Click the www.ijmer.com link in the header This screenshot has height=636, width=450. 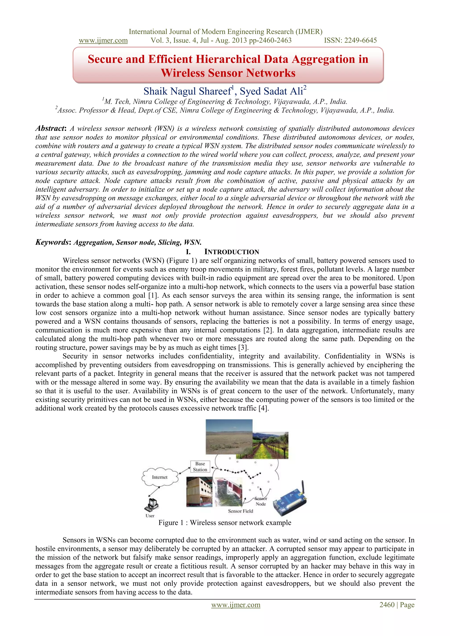tap(103, 40)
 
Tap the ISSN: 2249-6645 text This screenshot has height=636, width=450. tap(350, 40)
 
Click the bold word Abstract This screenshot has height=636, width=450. tap(50, 128)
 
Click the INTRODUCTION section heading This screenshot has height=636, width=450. tap(231, 252)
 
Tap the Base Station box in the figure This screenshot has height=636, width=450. tap(200, 466)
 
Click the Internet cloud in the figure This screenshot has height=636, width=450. tap(160, 477)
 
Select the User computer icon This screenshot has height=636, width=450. tap(151, 505)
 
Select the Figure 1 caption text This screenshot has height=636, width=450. tap(225, 522)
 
